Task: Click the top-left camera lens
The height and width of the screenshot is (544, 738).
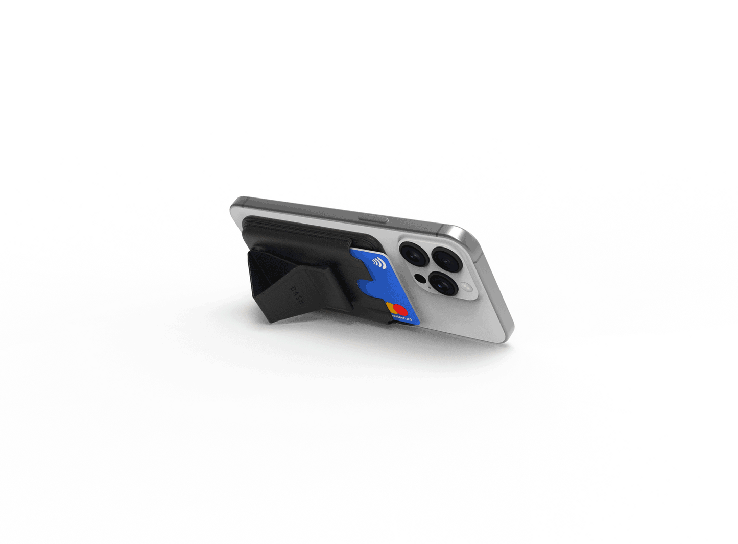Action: pos(413,254)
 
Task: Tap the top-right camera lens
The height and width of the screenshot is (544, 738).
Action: pos(447,260)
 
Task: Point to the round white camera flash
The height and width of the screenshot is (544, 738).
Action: pos(467,287)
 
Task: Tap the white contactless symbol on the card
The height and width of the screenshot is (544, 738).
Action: pos(378,263)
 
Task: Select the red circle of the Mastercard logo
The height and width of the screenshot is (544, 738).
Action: pos(401,310)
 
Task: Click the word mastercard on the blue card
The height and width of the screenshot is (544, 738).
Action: pos(402,319)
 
